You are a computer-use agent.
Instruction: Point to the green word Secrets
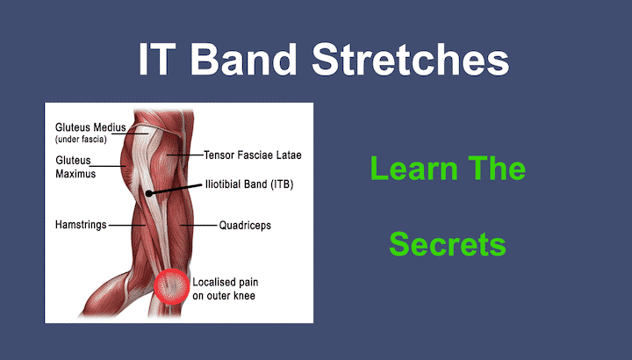pyautogui.click(x=448, y=244)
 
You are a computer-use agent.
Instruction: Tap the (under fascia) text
pyautogui.click(x=83, y=140)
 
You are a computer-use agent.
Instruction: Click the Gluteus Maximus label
pyautogui.click(x=75, y=167)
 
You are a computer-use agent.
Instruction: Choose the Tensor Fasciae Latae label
pyautogui.click(x=252, y=155)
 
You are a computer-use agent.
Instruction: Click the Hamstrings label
pyautogui.click(x=80, y=225)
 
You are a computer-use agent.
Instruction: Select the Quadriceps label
pyautogui.click(x=245, y=225)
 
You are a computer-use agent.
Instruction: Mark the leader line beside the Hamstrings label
pyautogui.click(x=121, y=225)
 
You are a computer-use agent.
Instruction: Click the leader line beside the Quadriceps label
pyautogui.click(x=198, y=225)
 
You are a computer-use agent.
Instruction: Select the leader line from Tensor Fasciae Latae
pyautogui.click(x=186, y=155)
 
